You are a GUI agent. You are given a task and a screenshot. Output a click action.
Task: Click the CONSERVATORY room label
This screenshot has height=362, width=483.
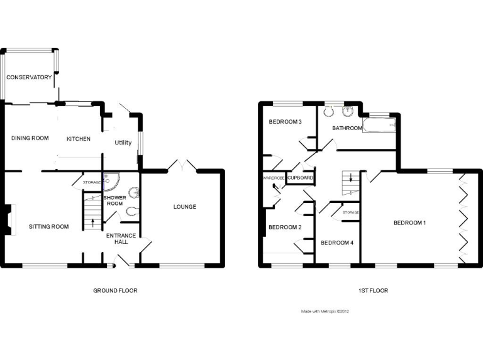[29, 77]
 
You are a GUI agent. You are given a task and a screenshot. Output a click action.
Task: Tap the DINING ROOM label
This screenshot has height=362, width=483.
[30, 138]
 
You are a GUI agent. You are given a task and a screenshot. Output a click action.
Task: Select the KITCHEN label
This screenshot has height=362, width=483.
[79, 139]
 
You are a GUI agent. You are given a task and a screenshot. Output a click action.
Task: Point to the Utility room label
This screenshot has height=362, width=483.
[123, 143]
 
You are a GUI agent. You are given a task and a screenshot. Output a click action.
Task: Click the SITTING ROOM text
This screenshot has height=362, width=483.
[48, 226]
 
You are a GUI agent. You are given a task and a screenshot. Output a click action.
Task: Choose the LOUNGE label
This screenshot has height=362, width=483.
[185, 207]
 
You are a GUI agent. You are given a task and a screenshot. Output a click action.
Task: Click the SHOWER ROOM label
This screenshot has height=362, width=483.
[114, 200]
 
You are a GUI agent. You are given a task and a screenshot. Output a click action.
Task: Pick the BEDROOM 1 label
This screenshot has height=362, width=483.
[410, 222]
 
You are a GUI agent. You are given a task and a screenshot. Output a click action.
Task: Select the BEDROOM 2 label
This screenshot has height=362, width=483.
[285, 227]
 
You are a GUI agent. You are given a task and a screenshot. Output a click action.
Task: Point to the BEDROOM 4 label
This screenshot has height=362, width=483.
[337, 243]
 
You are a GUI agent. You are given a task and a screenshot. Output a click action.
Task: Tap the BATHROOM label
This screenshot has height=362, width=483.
[348, 128]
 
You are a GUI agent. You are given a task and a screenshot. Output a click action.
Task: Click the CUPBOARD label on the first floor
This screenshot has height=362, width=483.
[300, 178]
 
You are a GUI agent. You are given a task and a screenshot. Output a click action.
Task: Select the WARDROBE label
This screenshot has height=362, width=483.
[274, 178]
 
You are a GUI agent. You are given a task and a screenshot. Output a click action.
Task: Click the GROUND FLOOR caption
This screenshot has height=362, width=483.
[115, 290]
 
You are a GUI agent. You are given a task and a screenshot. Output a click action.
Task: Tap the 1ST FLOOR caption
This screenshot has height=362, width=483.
[374, 290]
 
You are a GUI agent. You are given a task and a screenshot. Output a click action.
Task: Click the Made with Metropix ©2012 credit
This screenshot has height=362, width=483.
[325, 311]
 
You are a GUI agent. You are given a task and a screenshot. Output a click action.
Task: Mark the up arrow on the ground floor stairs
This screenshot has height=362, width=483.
[93, 221]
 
